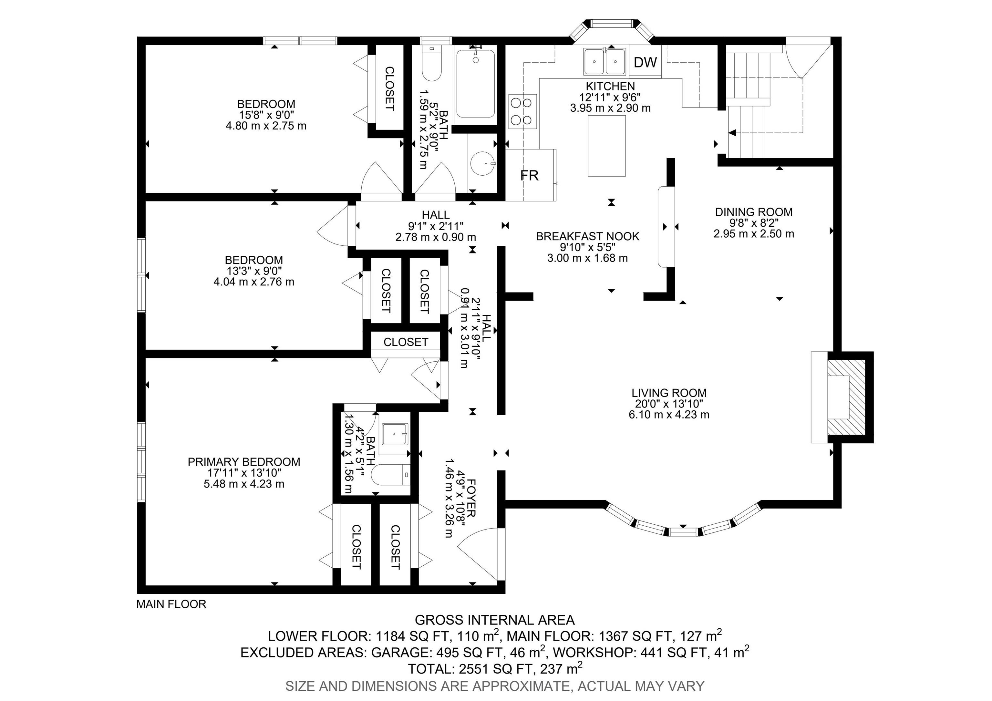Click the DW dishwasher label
point(645,63)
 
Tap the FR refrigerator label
point(529,175)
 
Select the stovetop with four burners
point(522,111)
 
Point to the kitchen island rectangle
point(607,146)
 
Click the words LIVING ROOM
point(669,393)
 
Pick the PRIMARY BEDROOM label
point(244,462)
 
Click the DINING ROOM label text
point(753,212)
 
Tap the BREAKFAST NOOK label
point(588,236)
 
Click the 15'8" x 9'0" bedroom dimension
point(266,115)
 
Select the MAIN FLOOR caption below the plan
point(171,604)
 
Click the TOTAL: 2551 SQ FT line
point(495,669)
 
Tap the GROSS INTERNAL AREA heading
point(495,620)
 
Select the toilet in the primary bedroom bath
point(391,476)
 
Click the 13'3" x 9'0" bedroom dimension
point(254,271)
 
